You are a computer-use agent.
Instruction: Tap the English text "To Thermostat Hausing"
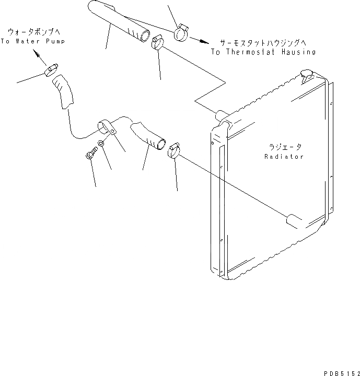point(263,52)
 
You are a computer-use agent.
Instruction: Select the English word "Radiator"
point(284,157)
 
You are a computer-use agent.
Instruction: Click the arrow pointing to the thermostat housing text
point(198,40)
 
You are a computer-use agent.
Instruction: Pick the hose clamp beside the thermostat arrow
point(181,32)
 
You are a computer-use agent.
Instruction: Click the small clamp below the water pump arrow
point(52,69)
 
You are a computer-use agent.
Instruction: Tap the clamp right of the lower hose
point(175,150)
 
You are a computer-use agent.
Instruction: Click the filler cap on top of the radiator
point(307,74)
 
